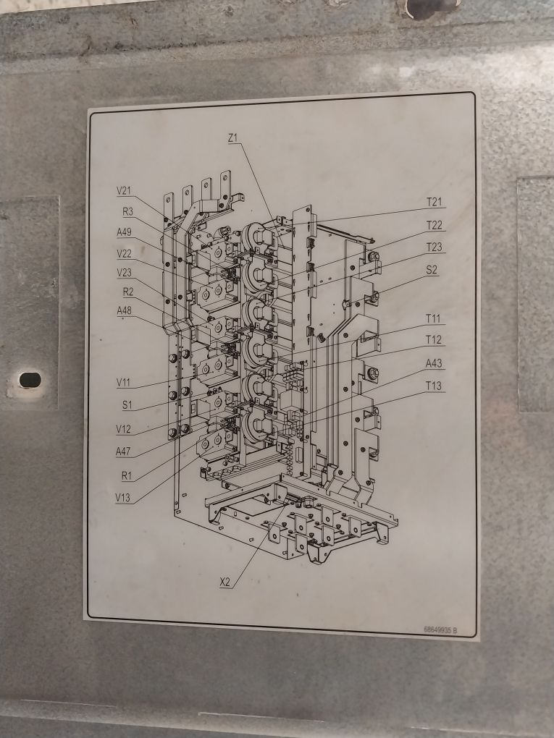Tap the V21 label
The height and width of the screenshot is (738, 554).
tap(124, 191)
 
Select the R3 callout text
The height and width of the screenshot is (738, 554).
tap(127, 212)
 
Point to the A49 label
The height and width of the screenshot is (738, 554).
tap(124, 232)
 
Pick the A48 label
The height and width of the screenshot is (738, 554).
tap(125, 310)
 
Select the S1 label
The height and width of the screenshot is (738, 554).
tap(127, 404)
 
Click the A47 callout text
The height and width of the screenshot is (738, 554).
tap(124, 451)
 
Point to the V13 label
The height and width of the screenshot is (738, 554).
tap(124, 497)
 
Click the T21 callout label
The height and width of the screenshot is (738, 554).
tap(434, 202)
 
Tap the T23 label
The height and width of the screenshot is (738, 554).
tap(434, 247)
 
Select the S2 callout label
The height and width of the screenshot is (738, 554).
tap(432, 270)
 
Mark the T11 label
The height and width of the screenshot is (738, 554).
tap(434, 318)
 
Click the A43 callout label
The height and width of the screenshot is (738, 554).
tap(434, 363)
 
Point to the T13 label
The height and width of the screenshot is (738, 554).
tap(434, 385)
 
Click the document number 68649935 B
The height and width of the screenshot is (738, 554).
tap(440, 630)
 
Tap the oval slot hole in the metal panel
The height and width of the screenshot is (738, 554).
tap(30, 379)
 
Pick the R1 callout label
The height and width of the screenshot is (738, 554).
tap(127, 474)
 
